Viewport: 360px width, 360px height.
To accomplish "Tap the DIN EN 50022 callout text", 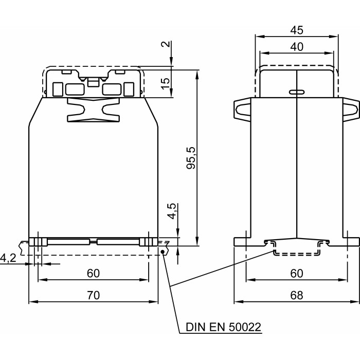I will [223, 327].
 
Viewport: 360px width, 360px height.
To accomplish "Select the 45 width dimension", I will [297, 30].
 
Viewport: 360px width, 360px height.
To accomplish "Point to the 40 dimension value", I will [297, 46].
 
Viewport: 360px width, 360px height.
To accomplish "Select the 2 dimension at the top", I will [165, 44].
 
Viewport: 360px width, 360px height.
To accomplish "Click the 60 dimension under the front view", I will [93, 273].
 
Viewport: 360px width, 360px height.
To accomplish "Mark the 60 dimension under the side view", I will [297, 273].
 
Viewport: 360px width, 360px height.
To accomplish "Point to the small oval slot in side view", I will [297, 92].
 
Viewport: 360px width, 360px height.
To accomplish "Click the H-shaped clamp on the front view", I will [93, 110].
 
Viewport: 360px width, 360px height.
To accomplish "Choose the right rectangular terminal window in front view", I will [111, 89].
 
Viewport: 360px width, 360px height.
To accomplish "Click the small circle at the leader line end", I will [163, 251].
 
